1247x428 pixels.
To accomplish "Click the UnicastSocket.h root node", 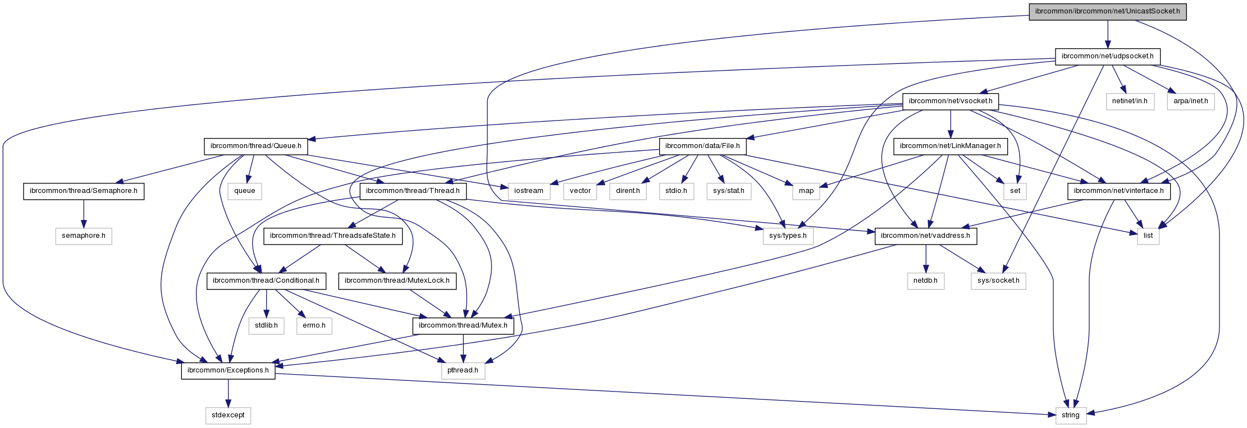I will pos(1107,12).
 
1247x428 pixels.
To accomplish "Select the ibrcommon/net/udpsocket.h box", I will pos(1107,57).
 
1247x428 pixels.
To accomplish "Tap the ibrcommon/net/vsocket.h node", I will pos(950,102).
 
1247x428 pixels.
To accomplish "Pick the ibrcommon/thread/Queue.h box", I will pos(255,146).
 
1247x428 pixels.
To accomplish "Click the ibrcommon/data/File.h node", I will pos(702,146).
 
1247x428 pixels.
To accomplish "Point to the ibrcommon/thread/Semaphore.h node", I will pos(83,191).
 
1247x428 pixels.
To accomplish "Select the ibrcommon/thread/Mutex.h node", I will pos(463,325).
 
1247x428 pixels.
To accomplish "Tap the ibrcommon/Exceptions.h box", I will pos(228,370).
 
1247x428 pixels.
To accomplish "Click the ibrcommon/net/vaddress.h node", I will pos(925,236).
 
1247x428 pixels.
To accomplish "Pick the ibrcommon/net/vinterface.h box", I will pos(1118,191).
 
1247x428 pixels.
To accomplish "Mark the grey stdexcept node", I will pos(228,415).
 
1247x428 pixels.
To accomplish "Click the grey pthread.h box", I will pos(463,370).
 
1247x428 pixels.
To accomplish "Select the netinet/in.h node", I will pos(1130,102).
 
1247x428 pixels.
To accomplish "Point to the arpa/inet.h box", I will pos(1190,102).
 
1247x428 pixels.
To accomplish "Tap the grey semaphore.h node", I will pos(83,236).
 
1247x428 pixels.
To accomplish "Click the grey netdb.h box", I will pos(925,280).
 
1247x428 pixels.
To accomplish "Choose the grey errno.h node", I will pos(314,325).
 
